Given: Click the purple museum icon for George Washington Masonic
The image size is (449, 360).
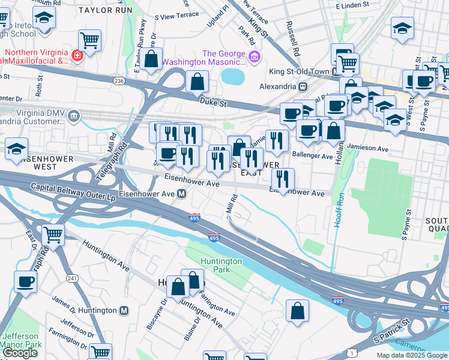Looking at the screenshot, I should coord(255,57).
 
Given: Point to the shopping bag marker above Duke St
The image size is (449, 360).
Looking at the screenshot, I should coord(197,82).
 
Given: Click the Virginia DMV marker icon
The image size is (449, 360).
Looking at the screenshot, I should coord(74,115).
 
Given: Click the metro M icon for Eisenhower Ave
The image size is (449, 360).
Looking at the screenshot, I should coord(180,194).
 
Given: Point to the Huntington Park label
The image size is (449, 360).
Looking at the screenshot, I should coord(221,265).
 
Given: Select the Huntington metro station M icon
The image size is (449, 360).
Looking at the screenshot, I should coord(124,310).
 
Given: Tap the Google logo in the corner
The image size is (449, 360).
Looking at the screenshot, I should coord(20,353).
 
